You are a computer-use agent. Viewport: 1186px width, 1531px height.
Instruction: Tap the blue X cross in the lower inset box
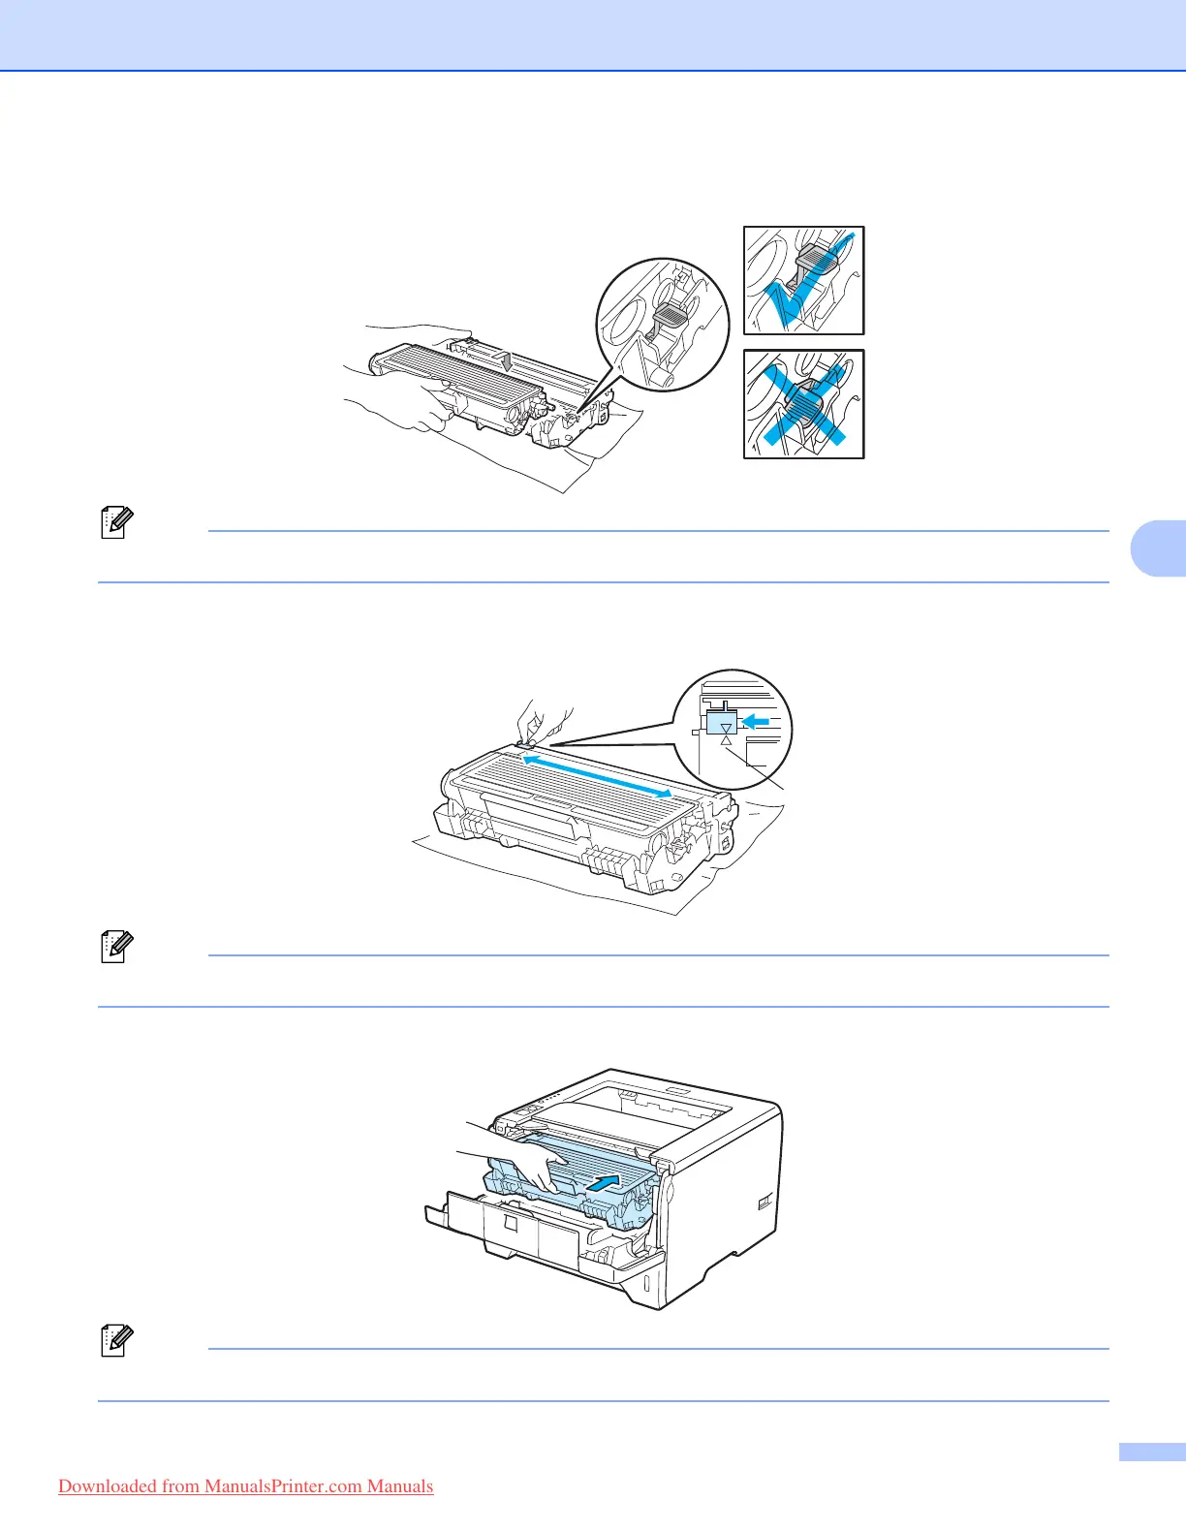(803, 406)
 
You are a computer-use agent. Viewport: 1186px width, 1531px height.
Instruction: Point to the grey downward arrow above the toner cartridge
(507, 359)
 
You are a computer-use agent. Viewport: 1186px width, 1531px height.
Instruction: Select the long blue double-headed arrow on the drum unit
(597, 776)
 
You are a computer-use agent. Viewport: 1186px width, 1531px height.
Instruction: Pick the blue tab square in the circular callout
(723, 724)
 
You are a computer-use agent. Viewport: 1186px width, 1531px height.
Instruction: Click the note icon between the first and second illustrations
(114, 523)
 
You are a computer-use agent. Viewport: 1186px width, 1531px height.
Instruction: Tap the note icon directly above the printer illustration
(114, 948)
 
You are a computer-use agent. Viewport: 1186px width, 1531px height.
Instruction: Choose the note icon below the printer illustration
(114, 1341)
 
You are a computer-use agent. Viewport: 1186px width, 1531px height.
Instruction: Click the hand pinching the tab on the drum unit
(539, 720)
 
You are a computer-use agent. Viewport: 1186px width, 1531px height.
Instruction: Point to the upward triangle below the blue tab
(726, 740)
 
